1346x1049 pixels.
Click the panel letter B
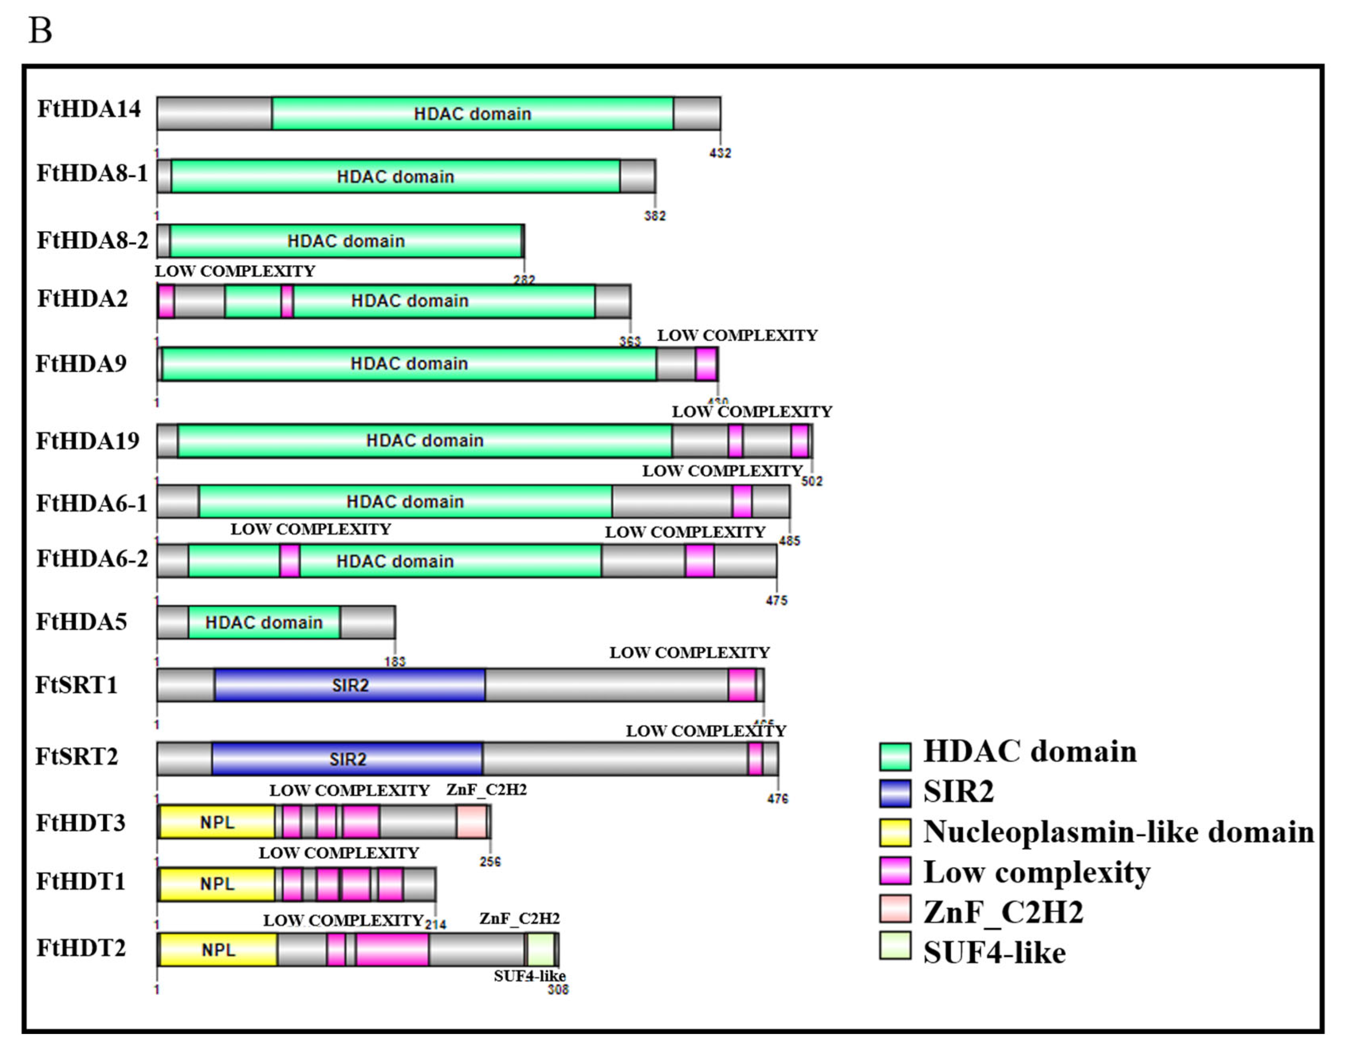pyautogui.click(x=41, y=30)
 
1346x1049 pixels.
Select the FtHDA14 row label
pyautogui.click(x=89, y=109)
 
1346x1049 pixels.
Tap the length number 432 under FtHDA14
pyautogui.click(x=720, y=153)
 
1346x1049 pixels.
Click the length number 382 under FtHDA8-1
pyautogui.click(x=655, y=216)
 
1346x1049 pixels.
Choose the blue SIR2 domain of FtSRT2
pyautogui.click(x=347, y=759)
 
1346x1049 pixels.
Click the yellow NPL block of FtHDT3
pyautogui.click(x=217, y=822)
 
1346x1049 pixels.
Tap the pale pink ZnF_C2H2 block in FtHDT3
pyautogui.click(x=471, y=822)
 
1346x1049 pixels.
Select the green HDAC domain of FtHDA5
pyautogui.click(x=264, y=623)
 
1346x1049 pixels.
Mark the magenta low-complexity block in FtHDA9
pyautogui.click(x=706, y=363)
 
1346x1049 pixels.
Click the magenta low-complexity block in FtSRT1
pyautogui.click(x=742, y=685)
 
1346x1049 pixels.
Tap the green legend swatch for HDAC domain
pyautogui.click(x=895, y=756)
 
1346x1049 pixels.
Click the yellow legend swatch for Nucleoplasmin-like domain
pyautogui.click(x=895, y=833)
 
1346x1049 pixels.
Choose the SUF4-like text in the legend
pyautogui.click(x=994, y=953)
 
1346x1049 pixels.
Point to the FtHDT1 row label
pyautogui.click(x=81, y=881)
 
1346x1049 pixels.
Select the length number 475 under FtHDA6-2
pyautogui.click(x=777, y=600)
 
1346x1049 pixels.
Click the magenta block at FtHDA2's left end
pyautogui.click(x=166, y=301)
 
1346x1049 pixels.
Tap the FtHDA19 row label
pyautogui.click(x=88, y=441)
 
